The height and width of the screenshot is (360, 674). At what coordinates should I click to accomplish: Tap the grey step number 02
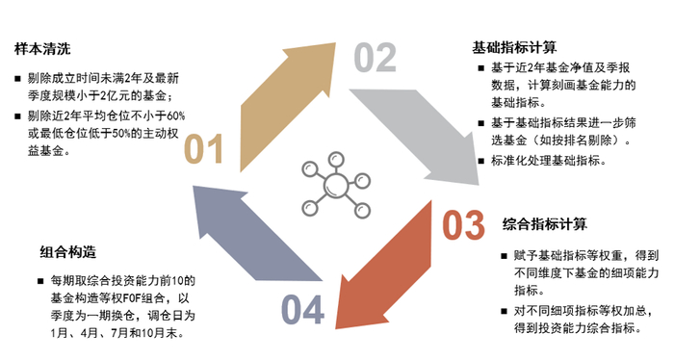(x=376, y=59)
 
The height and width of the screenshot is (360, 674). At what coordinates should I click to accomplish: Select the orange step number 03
(x=462, y=225)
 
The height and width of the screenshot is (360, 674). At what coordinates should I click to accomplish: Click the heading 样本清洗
(x=41, y=48)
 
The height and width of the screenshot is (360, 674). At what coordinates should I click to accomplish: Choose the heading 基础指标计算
(x=513, y=46)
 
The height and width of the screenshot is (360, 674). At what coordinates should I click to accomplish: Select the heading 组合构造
(x=68, y=253)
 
